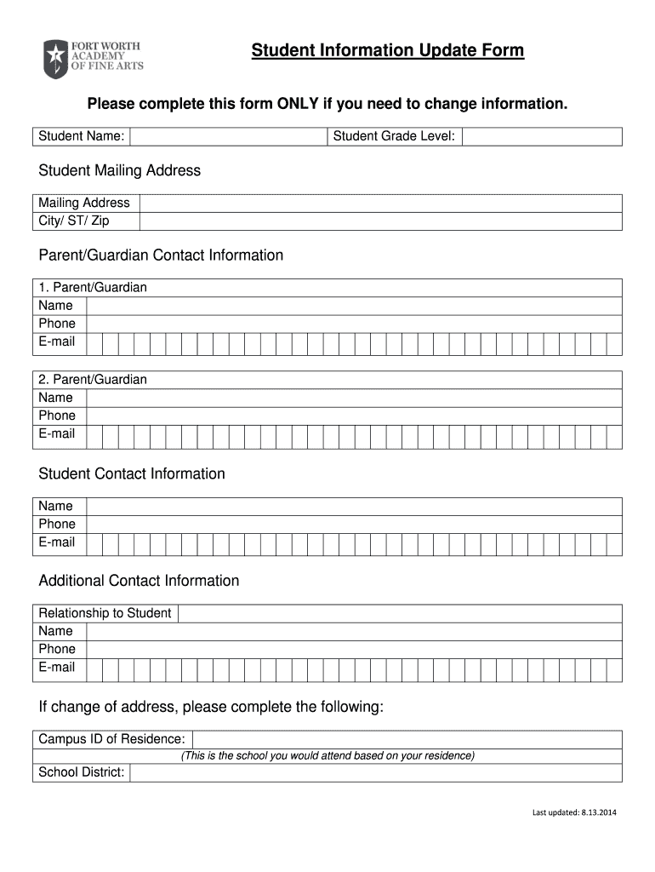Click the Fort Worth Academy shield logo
pyautogui.click(x=55, y=59)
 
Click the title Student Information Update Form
pyautogui.click(x=387, y=51)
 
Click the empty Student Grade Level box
pyautogui.click(x=542, y=136)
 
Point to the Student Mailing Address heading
pyautogui.click(x=120, y=170)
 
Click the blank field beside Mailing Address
pyautogui.click(x=380, y=203)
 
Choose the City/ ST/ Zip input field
pyautogui.click(x=380, y=221)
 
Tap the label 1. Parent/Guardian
pyautogui.click(x=93, y=287)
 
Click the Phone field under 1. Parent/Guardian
pyautogui.click(x=353, y=324)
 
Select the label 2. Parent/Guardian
pyautogui.click(x=93, y=379)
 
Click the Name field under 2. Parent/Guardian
pyautogui.click(x=353, y=398)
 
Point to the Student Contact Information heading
pyautogui.click(x=132, y=473)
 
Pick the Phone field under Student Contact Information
pyautogui.click(x=353, y=524)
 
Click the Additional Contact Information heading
pyautogui.click(x=139, y=581)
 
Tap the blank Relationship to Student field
pyautogui.click(x=400, y=613)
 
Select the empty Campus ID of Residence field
pyautogui.click(x=407, y=739)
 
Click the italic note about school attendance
pyautogui.click(x=327, y=756)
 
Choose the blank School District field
pyautogui.click(x=375, y=772)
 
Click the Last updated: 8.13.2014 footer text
pyautogui.click(x=574, y=812)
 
